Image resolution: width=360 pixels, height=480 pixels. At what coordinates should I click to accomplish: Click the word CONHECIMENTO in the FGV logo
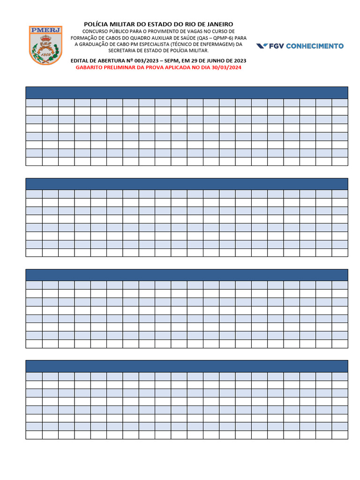coord(314,46)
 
